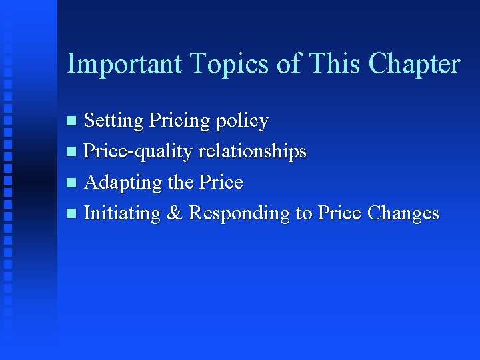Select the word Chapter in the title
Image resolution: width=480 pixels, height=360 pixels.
414,64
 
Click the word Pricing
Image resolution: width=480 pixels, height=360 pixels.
178,121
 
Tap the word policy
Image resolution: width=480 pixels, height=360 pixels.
241,122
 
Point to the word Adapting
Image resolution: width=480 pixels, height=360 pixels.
124,183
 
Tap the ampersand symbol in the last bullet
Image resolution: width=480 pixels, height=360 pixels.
175,213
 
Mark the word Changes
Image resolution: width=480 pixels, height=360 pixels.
403,214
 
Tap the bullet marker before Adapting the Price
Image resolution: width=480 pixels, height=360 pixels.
72,183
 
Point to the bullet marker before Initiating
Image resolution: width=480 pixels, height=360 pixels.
72,214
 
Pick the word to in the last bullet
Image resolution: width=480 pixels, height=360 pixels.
304,213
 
